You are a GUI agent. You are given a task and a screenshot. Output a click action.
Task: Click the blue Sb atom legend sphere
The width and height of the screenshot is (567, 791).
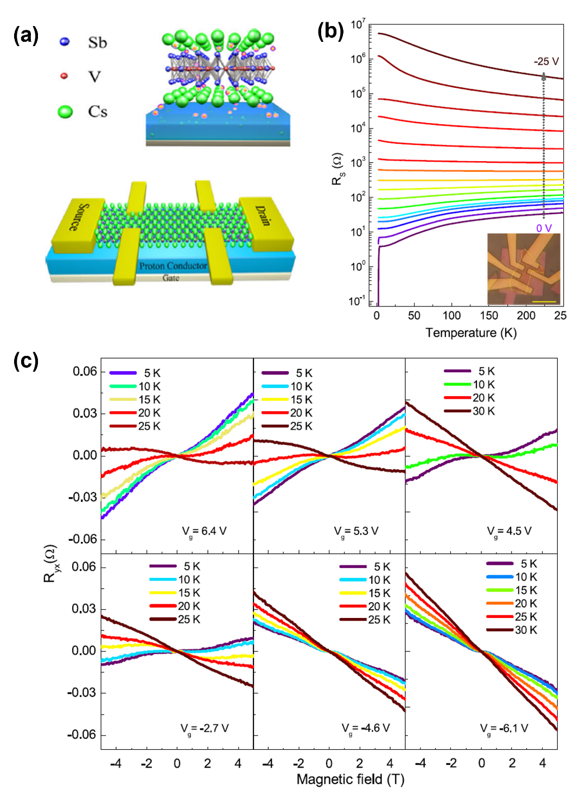click(65, 42)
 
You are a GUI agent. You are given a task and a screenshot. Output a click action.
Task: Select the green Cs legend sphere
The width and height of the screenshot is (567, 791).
click(65, 112)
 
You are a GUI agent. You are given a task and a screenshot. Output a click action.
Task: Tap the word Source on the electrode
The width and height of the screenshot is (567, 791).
click(78, 217)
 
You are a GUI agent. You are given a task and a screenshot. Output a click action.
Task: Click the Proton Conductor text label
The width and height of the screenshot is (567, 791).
click(173, 266)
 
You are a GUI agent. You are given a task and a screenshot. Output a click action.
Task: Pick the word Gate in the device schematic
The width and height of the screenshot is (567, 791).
click(171, 278)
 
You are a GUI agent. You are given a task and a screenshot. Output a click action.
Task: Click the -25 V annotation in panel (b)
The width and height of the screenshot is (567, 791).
click(546, 61)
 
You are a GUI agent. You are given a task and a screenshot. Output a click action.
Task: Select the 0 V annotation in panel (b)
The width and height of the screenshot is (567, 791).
click(544, 228)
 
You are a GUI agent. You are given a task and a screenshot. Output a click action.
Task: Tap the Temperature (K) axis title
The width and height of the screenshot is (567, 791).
click(471, 333)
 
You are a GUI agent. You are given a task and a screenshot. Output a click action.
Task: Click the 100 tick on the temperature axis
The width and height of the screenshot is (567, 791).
click(451, 316)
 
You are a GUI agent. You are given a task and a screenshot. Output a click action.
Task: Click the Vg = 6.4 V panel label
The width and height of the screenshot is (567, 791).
click(204, 531)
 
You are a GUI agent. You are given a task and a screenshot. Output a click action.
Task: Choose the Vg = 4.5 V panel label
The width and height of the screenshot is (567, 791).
click(509, 531)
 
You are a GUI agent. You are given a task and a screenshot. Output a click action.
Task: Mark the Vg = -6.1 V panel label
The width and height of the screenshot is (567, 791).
click(504, 728)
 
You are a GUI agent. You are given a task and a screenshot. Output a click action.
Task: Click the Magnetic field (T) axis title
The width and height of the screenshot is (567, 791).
click(351, 780)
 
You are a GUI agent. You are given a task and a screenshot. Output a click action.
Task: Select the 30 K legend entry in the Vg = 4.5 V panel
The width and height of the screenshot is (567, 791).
click(483, 411)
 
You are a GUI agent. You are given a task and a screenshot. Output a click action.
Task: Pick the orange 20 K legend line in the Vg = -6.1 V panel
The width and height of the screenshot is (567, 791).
click(500, 603)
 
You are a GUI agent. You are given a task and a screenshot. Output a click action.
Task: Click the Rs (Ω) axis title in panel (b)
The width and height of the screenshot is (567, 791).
click(337, 169)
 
